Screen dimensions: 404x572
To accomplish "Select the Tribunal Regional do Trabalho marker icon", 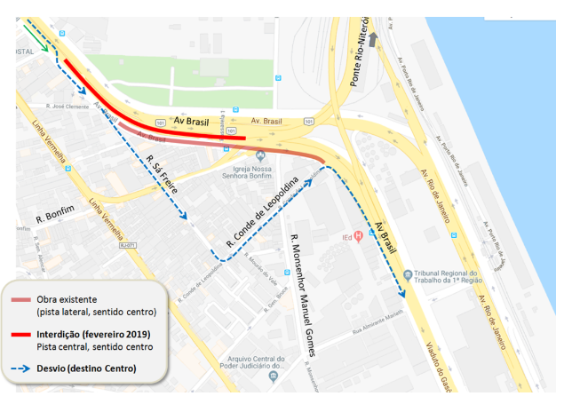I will pos(407,273).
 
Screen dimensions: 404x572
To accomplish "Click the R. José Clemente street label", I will pos(71,107).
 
